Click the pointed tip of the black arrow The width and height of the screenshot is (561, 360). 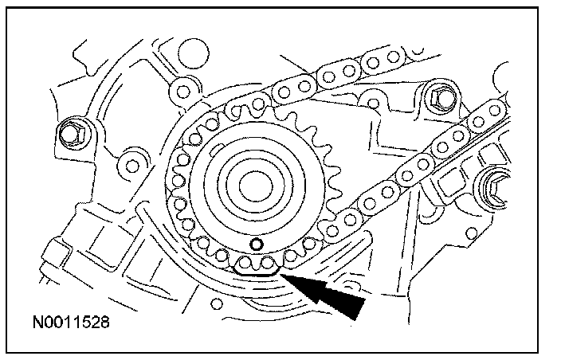point(280,273)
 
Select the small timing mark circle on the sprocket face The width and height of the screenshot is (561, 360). point(255,244)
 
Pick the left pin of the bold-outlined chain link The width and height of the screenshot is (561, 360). point(247,262)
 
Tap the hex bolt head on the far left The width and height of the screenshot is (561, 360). point(69,129)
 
